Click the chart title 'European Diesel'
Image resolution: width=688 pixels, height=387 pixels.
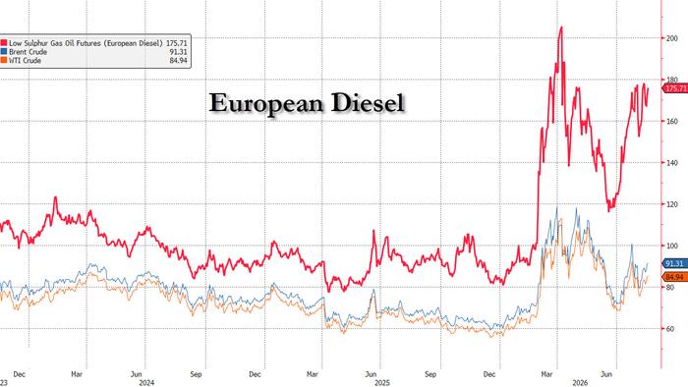tap(307, 103)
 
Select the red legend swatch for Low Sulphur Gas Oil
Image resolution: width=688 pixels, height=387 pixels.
tap(4, 43)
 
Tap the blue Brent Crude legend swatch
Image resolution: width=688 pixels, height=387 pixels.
tap(4, 52)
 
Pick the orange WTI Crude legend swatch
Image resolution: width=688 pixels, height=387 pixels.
tap(4, 61)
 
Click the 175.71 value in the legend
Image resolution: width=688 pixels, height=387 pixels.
tap(176, 43)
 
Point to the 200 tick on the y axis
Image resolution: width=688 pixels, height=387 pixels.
tap(671, 38)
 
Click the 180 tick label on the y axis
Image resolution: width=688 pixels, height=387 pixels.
tap(671, 80)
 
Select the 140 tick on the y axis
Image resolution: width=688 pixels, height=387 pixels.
tap(671, 163)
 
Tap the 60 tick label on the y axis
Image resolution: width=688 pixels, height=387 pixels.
tap(670, 329)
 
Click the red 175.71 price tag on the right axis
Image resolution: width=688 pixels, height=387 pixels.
tap(675, 88)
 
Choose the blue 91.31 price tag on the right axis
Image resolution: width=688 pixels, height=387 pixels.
tap(674, 263)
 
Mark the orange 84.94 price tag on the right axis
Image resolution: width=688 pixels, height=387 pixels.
tap(674, 277)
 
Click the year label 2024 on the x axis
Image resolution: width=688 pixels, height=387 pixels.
tap(146, 383)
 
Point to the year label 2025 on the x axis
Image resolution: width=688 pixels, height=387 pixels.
tap(381, 383)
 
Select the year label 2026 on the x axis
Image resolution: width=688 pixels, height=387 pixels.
tap(580, 383)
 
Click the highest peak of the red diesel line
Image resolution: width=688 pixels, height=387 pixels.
tap(561, 28)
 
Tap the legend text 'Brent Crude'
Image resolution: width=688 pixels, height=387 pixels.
tap(29, 52)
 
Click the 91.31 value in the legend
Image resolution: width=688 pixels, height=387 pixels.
tap(179, 52)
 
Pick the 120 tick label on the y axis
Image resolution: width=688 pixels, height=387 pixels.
tap(671, 204)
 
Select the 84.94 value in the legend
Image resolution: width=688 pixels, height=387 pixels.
tap(179, 61)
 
